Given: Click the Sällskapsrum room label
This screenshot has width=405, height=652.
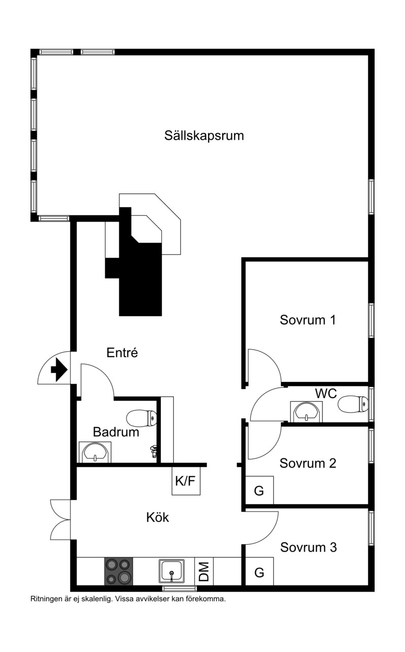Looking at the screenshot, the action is [x=204, y=136].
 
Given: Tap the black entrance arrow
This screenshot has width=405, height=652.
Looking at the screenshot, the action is [x=59, y=370].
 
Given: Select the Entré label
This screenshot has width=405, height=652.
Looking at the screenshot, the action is [x=122, y=353].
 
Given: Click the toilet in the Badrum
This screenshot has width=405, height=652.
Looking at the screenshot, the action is [x=141, y=418].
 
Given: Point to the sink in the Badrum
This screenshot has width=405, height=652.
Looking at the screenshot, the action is [x=95, y=452].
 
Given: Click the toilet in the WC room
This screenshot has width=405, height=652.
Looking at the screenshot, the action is [x=353, y=404].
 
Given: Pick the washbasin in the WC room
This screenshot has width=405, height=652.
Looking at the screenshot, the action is [x=306, y=411].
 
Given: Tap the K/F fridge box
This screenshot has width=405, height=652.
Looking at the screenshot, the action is [x=186, y=481].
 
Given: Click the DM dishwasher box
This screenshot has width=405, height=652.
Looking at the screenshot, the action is [x=204, y=572].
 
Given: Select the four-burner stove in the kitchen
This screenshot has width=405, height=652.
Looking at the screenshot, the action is [x=118, y=572].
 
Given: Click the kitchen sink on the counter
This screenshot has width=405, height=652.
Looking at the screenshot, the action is [x=172, y=571].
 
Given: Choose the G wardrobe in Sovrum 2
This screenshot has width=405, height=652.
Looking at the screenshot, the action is [x=259, y=490].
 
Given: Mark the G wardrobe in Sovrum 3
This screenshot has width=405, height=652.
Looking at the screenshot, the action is [x=259, y=571].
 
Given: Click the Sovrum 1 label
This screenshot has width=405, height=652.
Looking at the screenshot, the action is [x=308, y=320].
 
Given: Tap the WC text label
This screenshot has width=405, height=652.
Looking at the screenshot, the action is [x=326, y=394].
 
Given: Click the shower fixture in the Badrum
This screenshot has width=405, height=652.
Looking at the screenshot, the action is [x=153, y=452].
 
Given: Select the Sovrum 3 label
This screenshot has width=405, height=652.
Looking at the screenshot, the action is [x=308, y=547].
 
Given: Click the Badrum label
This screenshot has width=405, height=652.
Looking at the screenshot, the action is [x=116, y=432].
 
